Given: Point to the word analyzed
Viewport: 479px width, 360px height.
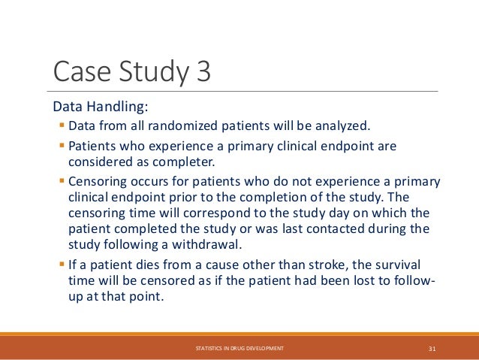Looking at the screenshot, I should coord(344,124).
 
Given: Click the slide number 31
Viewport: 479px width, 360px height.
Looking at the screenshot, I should coord(432,348).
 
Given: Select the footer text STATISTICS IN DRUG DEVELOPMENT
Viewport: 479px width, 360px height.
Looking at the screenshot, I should coord(239,348).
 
